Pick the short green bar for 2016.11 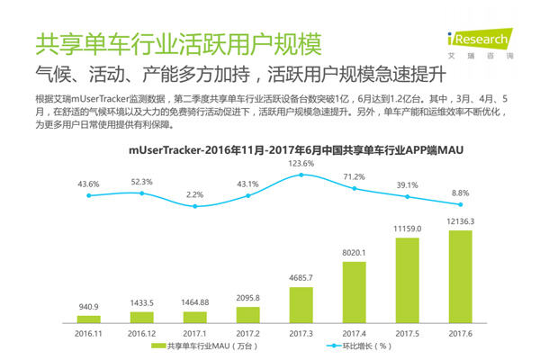click(89, 318)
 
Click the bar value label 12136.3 click(460, 221)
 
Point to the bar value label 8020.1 click(354, 254)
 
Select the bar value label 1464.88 click(194, 303)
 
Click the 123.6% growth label click(301, 164)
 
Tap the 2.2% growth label click(194, 194)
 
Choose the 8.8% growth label click(460, 192)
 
